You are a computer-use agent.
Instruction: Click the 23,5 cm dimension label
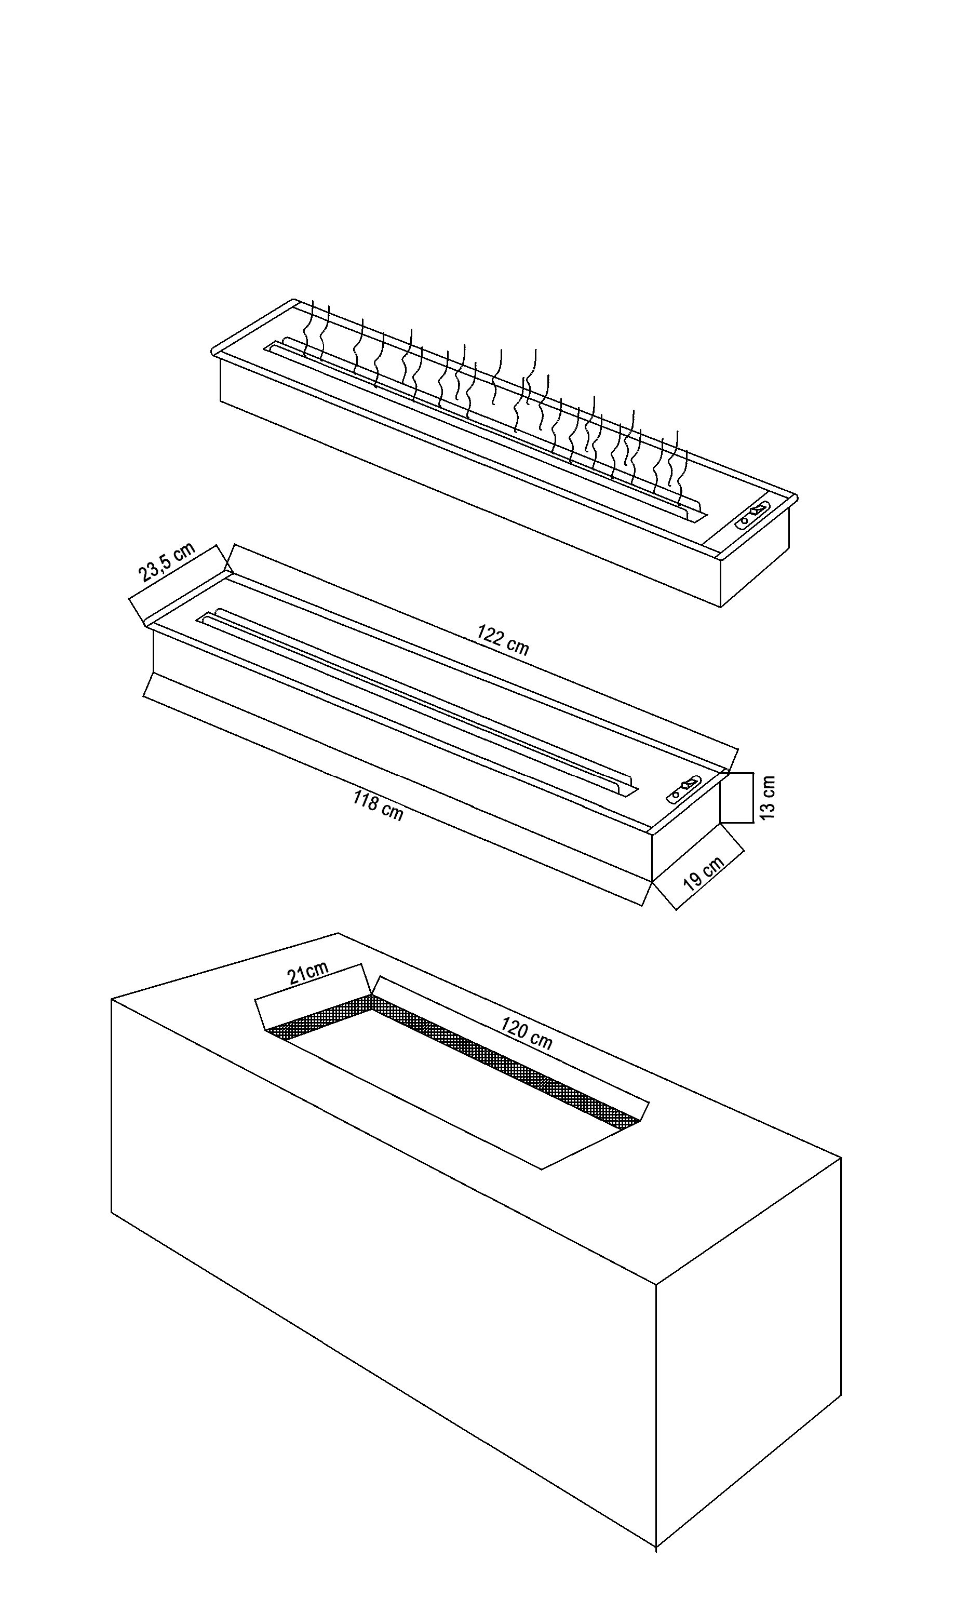click(x=167, y=561)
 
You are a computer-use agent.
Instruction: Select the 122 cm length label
click(x=502, y=639)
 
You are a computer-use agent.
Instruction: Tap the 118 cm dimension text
click(x=378, y=805)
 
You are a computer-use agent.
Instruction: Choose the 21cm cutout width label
click(x=308, y=974)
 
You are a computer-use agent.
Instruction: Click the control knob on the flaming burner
click(x=753, y=510)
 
